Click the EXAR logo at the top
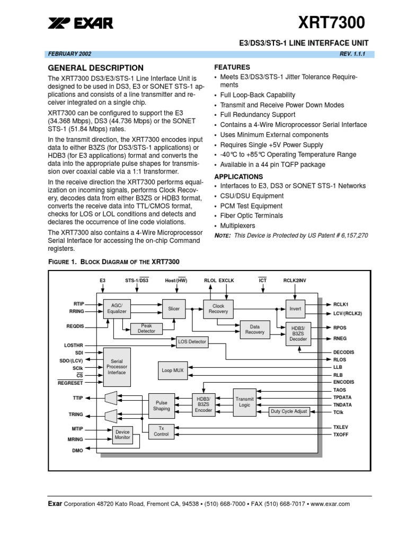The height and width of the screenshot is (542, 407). (x=81, y=23)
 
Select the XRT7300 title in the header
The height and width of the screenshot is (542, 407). (x=332, y=22)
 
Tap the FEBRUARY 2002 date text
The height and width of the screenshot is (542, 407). (x=69, y=54)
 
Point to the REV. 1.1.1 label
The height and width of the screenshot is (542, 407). (x=352, y=54)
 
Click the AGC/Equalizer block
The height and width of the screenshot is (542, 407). (x=117, y=309)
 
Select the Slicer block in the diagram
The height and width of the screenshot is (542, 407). (x=174, y=309)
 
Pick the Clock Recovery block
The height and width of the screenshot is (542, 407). (x=218, y=309)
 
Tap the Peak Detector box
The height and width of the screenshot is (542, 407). (x=146, y=329)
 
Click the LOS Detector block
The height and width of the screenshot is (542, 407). (x=192, y=342)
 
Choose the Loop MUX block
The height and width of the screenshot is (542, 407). (x=173, y=371)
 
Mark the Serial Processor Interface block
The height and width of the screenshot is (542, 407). (x=117, y=367)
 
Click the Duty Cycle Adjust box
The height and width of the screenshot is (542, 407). (x=289, y=411)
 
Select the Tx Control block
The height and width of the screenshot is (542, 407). (x=161, y=431)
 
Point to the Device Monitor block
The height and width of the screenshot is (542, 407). (x=122, y=435)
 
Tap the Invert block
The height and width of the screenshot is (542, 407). (x=295, y=309)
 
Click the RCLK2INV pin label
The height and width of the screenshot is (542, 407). (x=295, y=281)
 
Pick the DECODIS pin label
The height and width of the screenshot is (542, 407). (x=343, y=352)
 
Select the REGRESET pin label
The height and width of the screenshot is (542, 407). (x=70, y=383)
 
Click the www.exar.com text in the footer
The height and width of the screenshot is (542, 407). (x=330, y=504)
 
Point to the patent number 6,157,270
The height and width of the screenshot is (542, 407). (x=355, y=236)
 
